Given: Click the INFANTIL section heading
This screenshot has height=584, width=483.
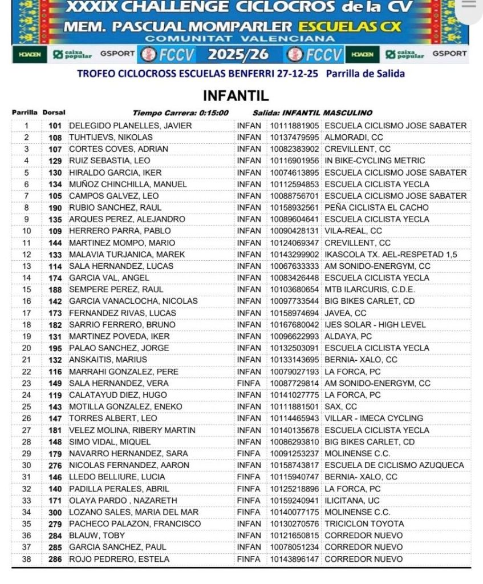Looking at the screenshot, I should [x=236, y=95].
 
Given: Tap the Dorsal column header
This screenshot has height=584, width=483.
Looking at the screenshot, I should [x=54, y=112].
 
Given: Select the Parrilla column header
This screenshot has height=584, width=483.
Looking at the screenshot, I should [x=25, y=112].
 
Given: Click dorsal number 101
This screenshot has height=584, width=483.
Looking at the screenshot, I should [x=55, y=126].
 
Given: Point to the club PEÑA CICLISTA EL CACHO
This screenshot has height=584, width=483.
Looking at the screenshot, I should [x=376, y=208].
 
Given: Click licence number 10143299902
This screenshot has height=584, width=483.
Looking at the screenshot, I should [x=294, y=255].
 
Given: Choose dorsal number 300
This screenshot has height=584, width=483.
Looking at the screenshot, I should [x=55, y=512].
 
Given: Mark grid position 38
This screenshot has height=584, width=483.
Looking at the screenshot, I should [x=26, y=559].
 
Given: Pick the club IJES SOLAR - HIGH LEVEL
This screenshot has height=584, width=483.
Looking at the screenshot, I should [x=375, y=325].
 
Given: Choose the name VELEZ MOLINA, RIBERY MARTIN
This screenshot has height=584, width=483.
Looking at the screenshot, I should [x=132, y=430].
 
